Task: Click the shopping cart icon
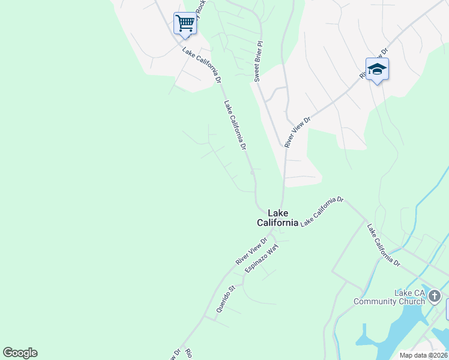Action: click(185, 24)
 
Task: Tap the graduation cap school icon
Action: click(377, 69)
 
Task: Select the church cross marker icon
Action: click(435, 296)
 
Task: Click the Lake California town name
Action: click(277, 218)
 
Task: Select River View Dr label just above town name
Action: click(298, 132)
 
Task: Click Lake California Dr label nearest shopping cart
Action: click(202, 65)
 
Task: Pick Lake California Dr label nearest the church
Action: click(384, 245)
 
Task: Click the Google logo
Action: click(20, 353)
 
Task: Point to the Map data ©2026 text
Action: click(423, 355)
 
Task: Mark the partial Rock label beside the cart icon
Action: click(200, 9)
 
